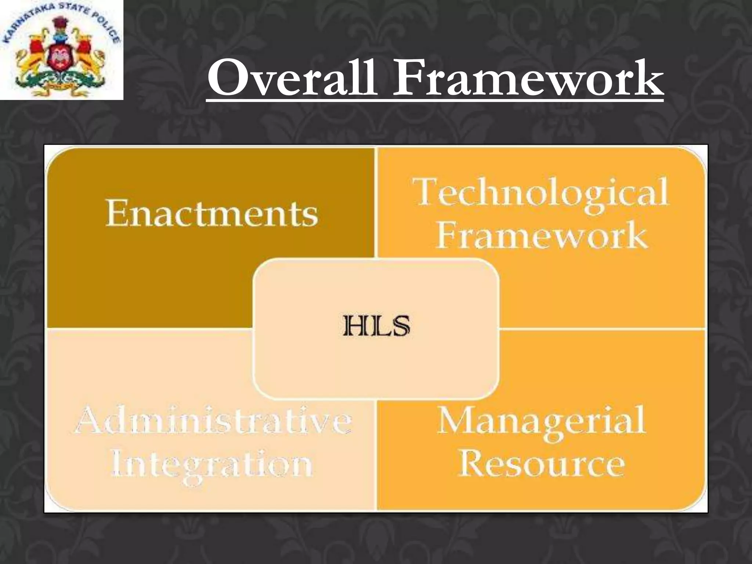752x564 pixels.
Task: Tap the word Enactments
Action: click(211, 213)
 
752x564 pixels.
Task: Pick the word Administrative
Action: click(213, 420)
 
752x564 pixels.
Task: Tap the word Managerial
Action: click(541, 420)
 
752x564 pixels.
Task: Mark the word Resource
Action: click(541, 463)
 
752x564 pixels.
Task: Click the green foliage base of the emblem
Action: click(59, 79)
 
